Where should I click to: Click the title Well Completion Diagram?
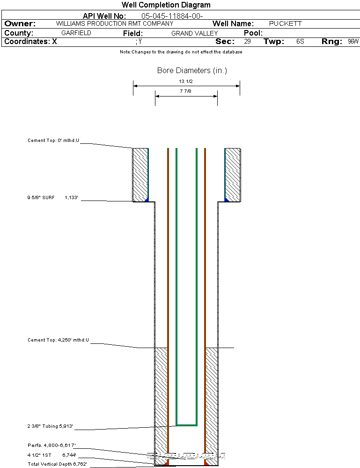166,5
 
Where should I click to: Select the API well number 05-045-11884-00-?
172,16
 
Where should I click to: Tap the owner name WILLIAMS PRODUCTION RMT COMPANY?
115,23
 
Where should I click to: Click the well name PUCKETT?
285,23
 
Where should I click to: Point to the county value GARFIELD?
76,33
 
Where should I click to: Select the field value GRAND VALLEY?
194,33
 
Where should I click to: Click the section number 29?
247,41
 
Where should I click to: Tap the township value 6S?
300,41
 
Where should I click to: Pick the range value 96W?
353,41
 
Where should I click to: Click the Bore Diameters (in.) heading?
192,70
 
